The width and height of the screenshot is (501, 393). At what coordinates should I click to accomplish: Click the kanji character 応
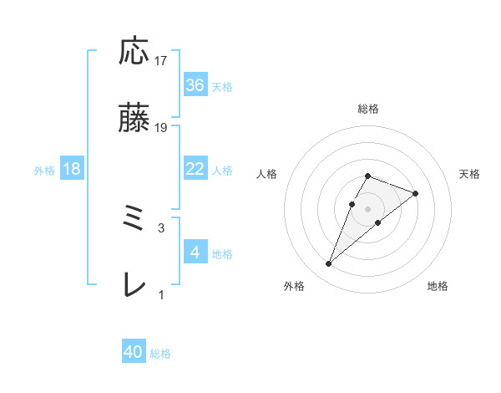[134, 53]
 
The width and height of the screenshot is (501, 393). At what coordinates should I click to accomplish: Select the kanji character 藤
[134, 120]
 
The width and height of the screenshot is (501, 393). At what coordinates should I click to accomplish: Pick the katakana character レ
[134, 286]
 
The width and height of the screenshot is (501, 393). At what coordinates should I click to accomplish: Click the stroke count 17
[161, 61]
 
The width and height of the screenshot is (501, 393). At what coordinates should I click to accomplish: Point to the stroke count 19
[161, 128]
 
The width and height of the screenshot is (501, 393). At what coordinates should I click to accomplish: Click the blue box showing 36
[195, 85]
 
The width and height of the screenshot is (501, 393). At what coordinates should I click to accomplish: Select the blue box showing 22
[195, 169]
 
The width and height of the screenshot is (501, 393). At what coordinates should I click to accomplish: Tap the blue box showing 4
[195, 253]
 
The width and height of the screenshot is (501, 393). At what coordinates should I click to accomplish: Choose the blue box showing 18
[72, 169]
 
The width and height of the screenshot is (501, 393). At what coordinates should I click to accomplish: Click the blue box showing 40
[134, 353]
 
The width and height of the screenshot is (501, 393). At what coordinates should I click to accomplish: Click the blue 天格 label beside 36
[222, 86]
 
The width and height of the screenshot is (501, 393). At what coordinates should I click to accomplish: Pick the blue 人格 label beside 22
[222, 170]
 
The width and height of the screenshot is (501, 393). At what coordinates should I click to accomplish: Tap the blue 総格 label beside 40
[160, 354]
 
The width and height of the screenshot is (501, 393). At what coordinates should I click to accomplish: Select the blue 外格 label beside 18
[44, 170]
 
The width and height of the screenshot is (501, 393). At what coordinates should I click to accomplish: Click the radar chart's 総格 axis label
[368, 109]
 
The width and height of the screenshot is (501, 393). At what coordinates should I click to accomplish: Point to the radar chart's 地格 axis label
[438, 286]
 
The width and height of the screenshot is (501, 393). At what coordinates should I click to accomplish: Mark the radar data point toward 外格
[328, 264]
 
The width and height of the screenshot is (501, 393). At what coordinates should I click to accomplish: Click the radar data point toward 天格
[415, 192]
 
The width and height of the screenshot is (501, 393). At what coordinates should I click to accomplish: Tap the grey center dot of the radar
[368, 207]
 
